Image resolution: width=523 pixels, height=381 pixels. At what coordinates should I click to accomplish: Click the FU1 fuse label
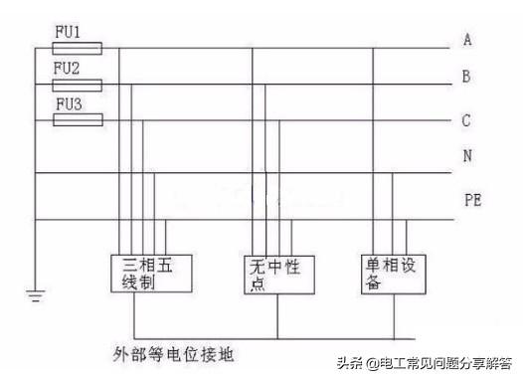click(75, 32)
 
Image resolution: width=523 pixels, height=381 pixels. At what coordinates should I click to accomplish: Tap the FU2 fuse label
click(68, 68)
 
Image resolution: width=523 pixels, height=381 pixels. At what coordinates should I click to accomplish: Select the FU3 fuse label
click(69, 103)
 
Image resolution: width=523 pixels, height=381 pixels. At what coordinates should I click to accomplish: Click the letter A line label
click(466, 40)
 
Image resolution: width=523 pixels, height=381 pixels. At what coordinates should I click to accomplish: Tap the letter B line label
click(466, 76)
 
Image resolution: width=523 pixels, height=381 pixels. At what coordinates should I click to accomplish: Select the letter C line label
click(466, 120)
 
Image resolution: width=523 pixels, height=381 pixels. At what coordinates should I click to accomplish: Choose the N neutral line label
click(466, 157)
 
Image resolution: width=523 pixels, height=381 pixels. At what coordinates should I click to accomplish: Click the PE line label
click(472, 200)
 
